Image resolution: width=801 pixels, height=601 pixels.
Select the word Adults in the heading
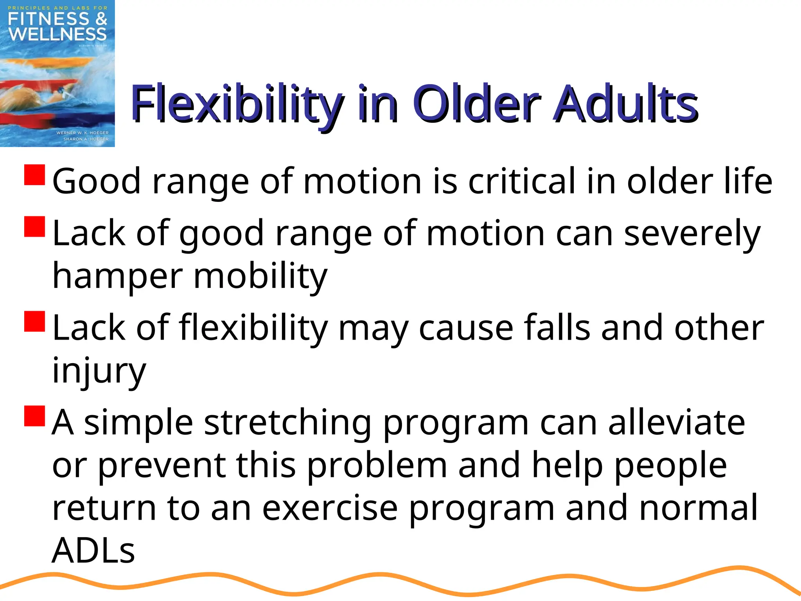(x=625, y=104)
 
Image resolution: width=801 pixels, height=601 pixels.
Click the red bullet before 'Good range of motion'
(x=35, y=175)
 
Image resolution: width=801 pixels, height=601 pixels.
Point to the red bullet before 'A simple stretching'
(x=35, y=416)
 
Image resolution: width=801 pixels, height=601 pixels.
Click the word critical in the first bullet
(x=522, y=181)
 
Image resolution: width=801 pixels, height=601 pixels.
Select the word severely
(x=692, y=233)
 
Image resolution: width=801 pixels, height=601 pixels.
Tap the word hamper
(x=117, y=276)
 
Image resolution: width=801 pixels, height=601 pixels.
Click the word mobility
(x=260, y=276)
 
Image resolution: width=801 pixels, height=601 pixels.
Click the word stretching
(x=287, y=423)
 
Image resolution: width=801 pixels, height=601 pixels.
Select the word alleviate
(x=676, y=423)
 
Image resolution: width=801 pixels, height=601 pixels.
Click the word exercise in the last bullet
(x=330, y=508)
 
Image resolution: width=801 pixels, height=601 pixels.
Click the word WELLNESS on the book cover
(x=57, y=34)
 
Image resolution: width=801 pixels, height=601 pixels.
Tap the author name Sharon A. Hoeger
(x=86, y=139)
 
